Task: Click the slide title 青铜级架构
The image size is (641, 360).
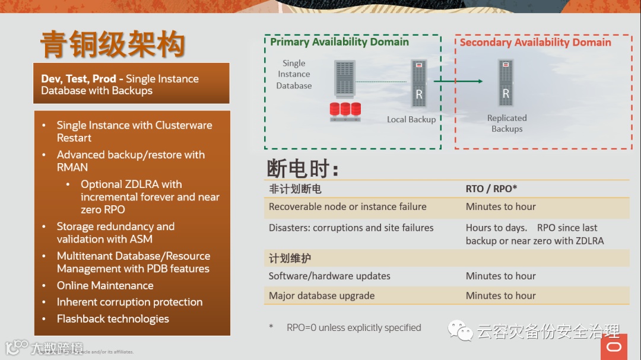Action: [113, 45]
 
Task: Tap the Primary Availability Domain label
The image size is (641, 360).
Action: [339, 42]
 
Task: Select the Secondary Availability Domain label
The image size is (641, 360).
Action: [535, 42]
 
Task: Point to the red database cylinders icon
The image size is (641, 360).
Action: [345, 110]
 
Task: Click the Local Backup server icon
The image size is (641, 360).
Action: [419, 83]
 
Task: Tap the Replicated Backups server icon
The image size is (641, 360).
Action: [506, 83]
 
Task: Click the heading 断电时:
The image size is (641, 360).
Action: [302, 169]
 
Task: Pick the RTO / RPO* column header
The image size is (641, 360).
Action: [491, 189]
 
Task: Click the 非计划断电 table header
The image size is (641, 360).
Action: [295, 189]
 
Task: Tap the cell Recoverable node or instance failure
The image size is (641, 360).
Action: [347, 207]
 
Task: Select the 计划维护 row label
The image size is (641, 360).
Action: [290, 259]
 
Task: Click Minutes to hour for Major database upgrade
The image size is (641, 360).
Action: [500, 295]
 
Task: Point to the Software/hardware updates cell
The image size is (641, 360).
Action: [329, 276]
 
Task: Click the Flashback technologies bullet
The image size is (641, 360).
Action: [113, 319]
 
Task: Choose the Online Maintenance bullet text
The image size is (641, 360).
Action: [105, 285]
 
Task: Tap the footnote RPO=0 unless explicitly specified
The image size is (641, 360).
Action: [354, 327]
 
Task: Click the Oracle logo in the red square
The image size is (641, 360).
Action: [614, 346]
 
